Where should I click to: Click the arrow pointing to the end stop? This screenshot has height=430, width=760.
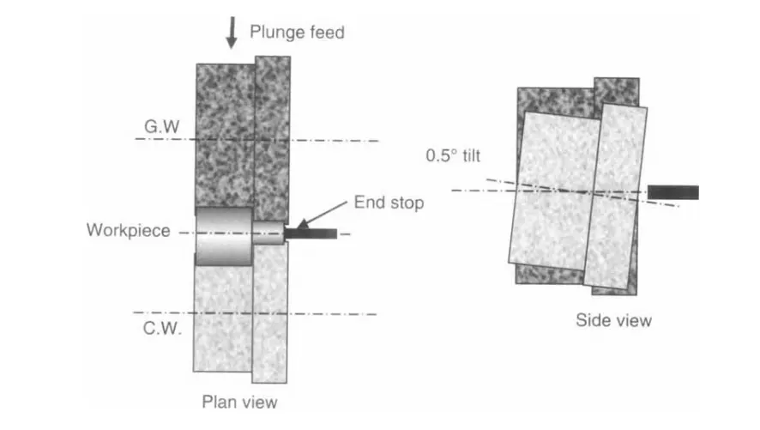click(323, 215)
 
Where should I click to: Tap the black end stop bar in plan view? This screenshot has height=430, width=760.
click(311, 233)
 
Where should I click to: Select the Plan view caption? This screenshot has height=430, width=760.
click(239, 402)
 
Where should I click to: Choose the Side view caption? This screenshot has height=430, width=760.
click(613, 321)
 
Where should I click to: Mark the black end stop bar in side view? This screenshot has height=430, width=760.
click(673, 192)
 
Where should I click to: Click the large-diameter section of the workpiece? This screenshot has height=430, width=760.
click(223, 235)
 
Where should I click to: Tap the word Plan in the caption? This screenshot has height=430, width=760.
click(219, 402)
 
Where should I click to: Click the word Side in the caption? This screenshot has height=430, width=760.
click(593, 321)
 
